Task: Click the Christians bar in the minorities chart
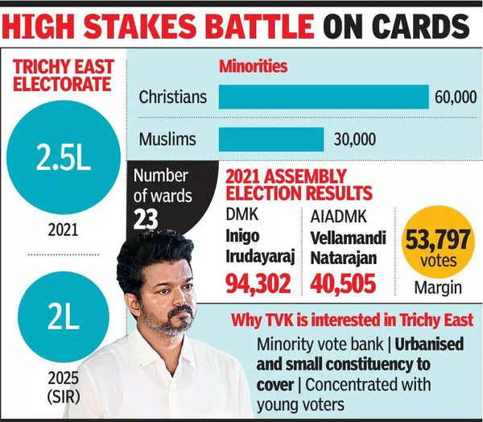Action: point(324,97)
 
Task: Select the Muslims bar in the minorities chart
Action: point(271,139)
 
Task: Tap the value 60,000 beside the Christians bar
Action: point(455,97)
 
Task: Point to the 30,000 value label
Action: point(355,139)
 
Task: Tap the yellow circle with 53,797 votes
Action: point(436,240)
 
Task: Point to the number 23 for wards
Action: point(146,219)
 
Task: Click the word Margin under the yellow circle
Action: point(436,287)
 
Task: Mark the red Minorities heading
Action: point(253,67)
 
